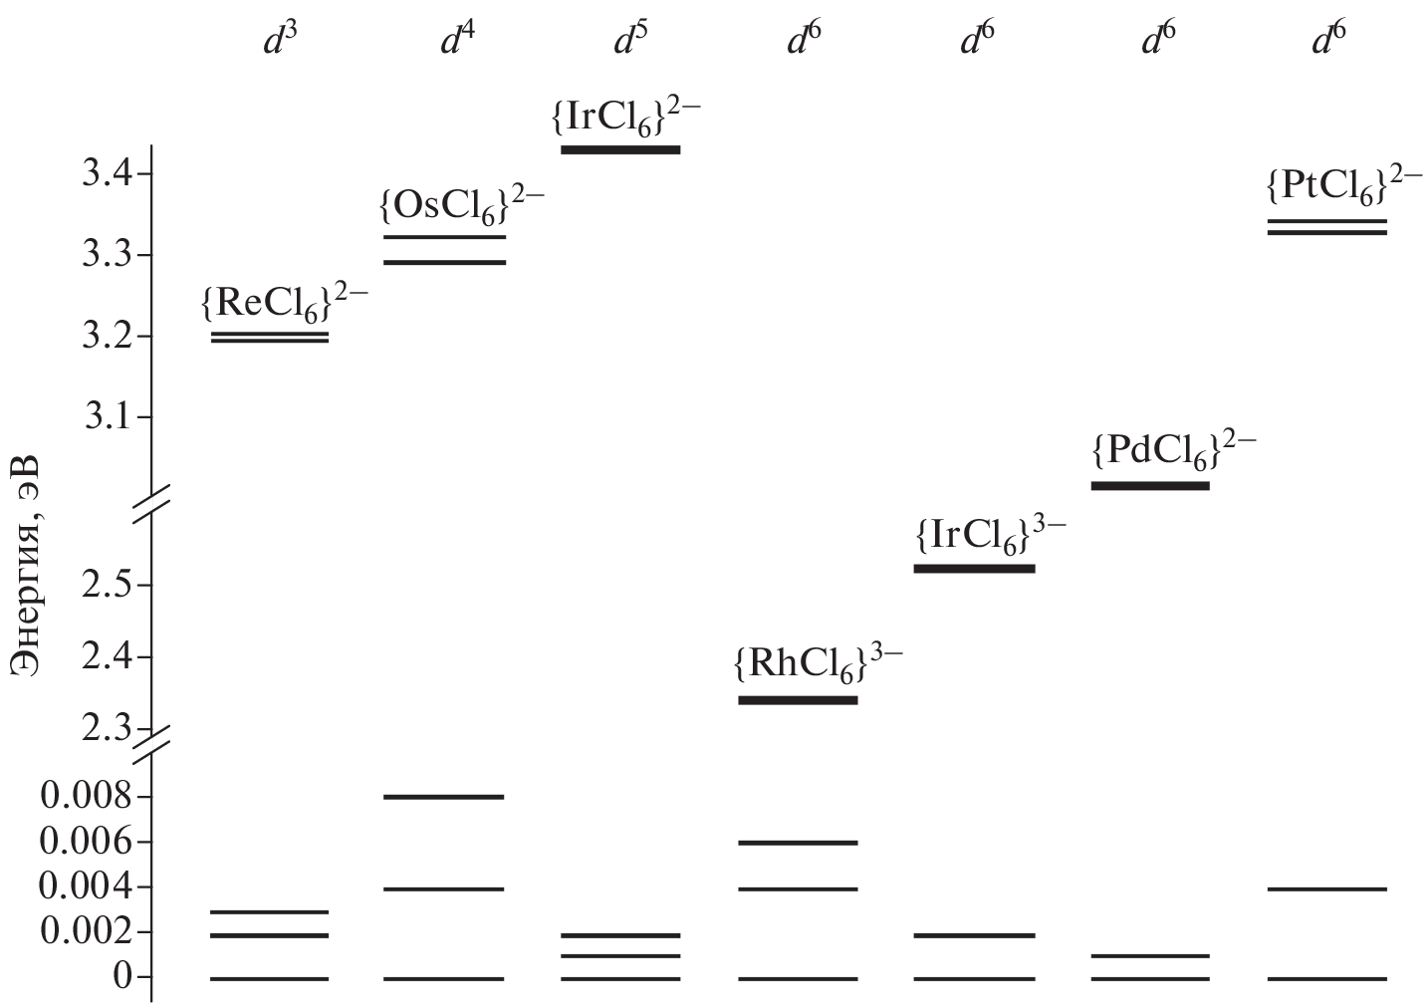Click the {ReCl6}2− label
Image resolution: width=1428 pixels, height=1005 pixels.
click(285, 302)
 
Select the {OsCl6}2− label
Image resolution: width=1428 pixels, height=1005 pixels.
click(462, 205)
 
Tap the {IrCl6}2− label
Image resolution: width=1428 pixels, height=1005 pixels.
click(626, 117)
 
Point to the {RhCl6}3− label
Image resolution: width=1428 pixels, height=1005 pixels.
click(819, 665)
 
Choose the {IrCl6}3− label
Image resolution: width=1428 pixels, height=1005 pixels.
click(991, 536)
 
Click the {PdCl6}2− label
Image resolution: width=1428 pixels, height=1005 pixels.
click(1174, 451)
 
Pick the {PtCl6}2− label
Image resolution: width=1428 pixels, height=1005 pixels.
click(1344, 186)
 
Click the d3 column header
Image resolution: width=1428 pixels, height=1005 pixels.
click(281, 40)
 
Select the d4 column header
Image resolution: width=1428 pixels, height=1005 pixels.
click(458, 40)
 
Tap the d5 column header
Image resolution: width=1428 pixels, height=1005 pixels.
click(631, 40)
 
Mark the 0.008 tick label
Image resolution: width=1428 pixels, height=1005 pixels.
click(86, 797)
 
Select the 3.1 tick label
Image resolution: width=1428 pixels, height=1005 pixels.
click(108, 417)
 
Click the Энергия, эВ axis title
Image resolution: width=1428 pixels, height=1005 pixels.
click(26, 565)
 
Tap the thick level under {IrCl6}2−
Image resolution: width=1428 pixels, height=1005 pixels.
click(621, 149)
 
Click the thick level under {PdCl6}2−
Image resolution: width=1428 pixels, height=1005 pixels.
click(1151, 486)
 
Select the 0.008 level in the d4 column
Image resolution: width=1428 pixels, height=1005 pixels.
click(444, 797)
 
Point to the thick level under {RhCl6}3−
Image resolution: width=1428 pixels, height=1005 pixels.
click(799, 700)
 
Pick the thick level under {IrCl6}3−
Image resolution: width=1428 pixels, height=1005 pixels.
click(975, 569)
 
